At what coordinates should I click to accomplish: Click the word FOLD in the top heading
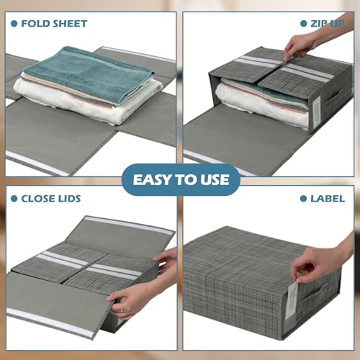pos(35,23)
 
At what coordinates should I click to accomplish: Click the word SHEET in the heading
pos(70,23)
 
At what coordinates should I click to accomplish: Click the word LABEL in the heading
pos(328,198)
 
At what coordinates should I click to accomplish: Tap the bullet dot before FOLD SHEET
pos(14,23)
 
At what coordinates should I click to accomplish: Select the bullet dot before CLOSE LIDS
pos(14,198)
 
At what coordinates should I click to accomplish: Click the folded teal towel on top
pos(86,66)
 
